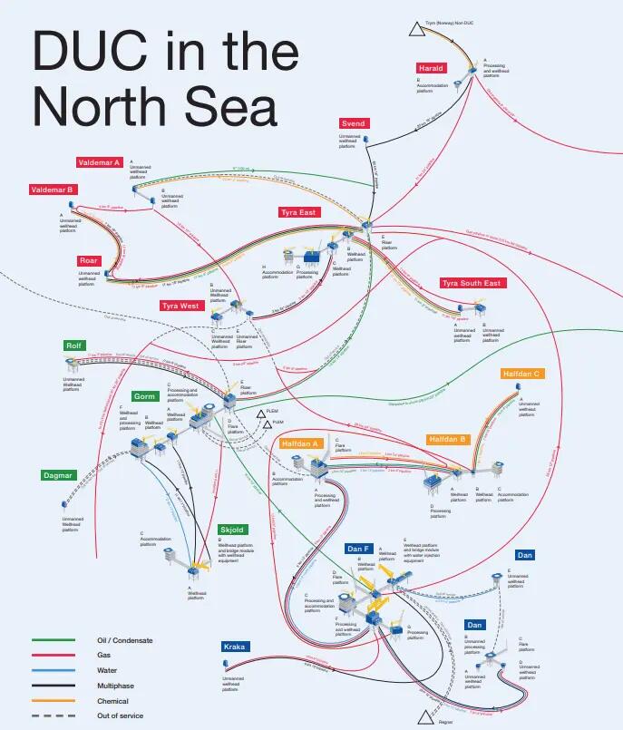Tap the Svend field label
coord(354,123)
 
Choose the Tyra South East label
coord(472,283)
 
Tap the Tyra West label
coord(180,306)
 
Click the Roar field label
coord(89,260)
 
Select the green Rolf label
coord(74,346)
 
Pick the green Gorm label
coord(144,396)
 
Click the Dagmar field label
coord(58,475)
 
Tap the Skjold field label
coord(233,530)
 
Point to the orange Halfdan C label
coord(522,374)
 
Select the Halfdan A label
coord(301,443)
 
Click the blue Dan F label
coord(359,549)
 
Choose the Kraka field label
coord(236,647)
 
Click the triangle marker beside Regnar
coord(423,718)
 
